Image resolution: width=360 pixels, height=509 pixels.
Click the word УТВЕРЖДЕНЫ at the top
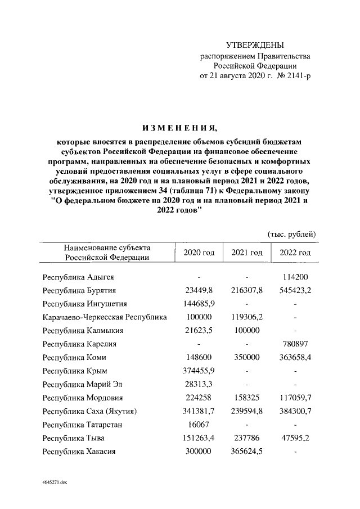point(255,45)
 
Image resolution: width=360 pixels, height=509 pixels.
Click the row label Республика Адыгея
point(79,277)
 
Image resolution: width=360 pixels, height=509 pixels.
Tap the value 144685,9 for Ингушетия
point(200,304)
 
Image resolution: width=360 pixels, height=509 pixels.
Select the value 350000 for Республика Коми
point(246,358)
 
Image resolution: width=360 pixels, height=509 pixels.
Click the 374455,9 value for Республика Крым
point(200,371)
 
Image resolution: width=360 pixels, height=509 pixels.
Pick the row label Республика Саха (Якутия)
point(91,411)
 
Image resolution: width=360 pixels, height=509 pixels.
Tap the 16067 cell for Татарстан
point(200,425)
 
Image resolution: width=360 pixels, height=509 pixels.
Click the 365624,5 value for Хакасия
point(246,452)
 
